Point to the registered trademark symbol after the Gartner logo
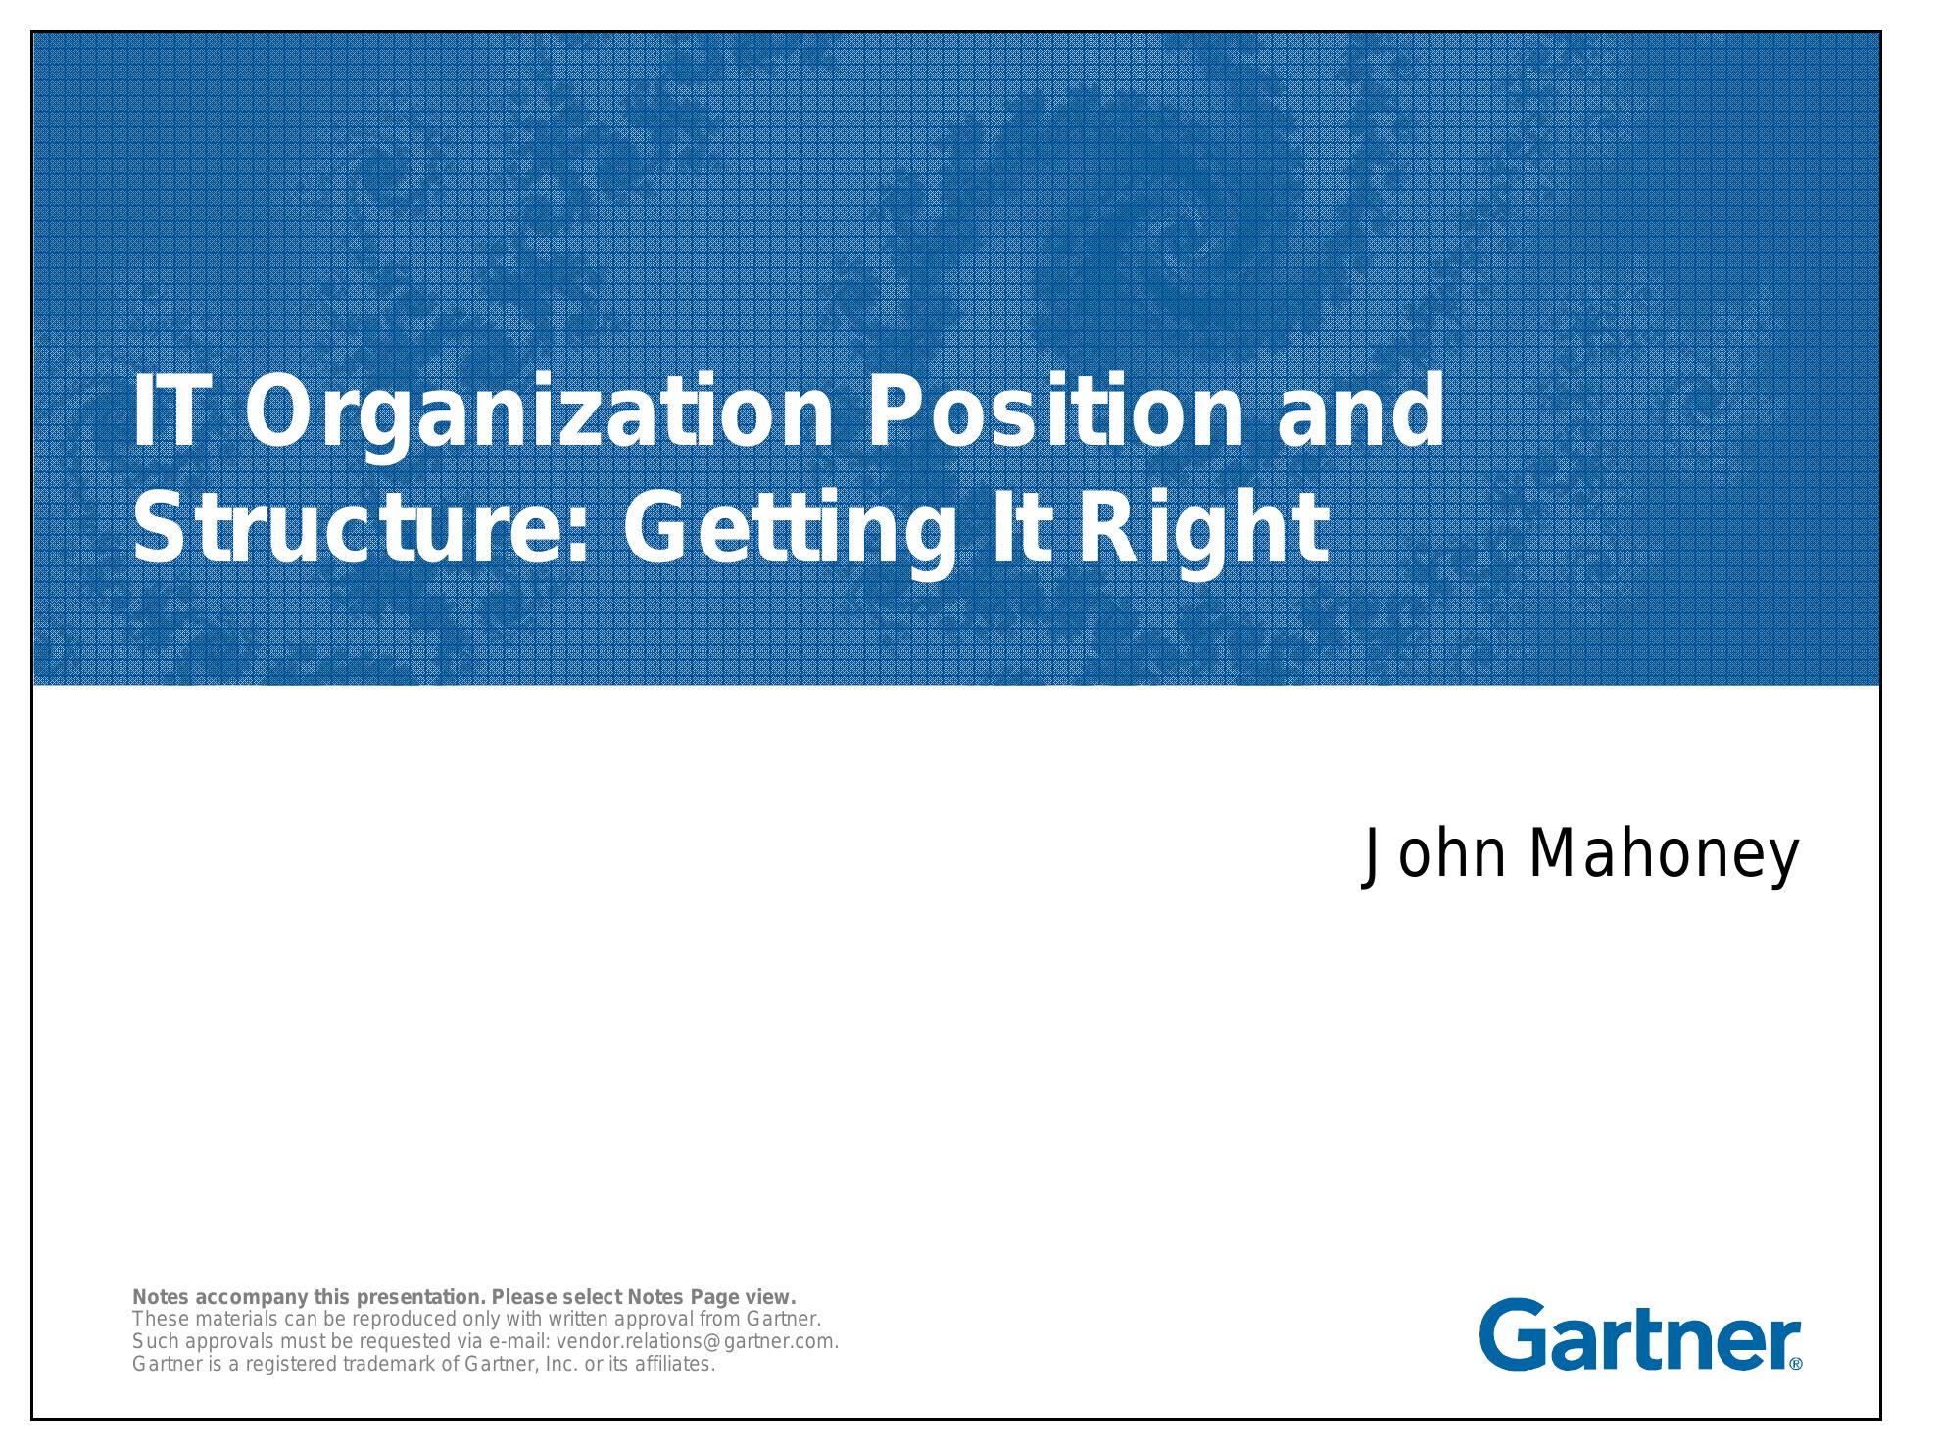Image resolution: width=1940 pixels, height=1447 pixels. [1796, 1363]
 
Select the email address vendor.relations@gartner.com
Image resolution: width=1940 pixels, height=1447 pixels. [697, 1342]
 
